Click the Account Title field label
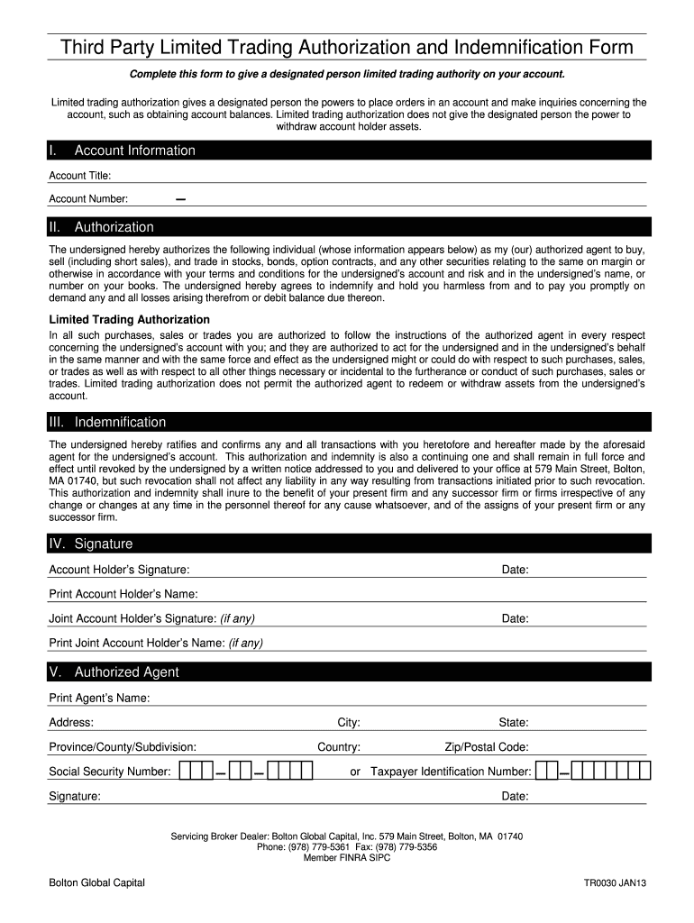point(80,176)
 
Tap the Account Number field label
point(88,199)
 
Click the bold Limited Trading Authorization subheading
point(129,320)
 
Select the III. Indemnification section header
point(107,422)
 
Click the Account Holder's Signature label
point(119,570)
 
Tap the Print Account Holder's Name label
point(123,594)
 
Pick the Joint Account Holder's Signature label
point(132,618)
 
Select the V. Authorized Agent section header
point(114,672)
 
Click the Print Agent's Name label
point(99,699)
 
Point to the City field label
point(349,723)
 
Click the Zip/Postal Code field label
point(487,747)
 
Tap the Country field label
point(339,747)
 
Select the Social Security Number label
point(110,772)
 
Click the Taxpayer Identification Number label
point(451,772)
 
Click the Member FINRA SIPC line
point(347,858)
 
